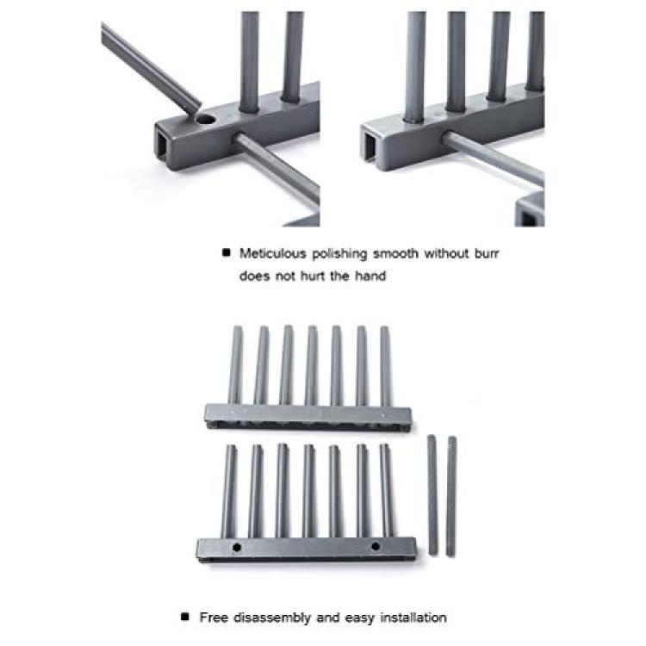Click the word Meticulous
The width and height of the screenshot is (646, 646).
[x=272, y=253]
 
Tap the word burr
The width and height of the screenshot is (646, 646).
[x=486, y=253]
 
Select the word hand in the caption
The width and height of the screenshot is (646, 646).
[x=370, y=276]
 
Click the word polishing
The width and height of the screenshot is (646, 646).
[x=339, y=254]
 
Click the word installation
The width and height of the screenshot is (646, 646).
[x=413, y=618]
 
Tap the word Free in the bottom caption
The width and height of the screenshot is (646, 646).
[x=214, y=618]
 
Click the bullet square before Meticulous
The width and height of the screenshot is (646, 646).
[x=227, y=252]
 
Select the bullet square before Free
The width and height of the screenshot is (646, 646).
[x=185, y=617]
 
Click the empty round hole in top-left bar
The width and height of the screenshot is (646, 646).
[x=206, y=120]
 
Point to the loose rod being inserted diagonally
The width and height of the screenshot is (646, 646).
[x=150, y=66]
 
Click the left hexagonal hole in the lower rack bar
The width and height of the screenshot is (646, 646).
[x=237, y=547]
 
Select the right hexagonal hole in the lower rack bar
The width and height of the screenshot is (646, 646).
[x=376, y=546]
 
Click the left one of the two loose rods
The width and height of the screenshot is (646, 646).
[x=432, y=494]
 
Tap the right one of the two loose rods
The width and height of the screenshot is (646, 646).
[x=451, y=496]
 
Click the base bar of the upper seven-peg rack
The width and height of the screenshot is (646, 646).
[x=308, y=418]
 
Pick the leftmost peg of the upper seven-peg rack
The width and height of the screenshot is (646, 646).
[x=236, y=365]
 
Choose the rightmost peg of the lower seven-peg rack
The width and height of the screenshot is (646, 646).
[x=387, y=490]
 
